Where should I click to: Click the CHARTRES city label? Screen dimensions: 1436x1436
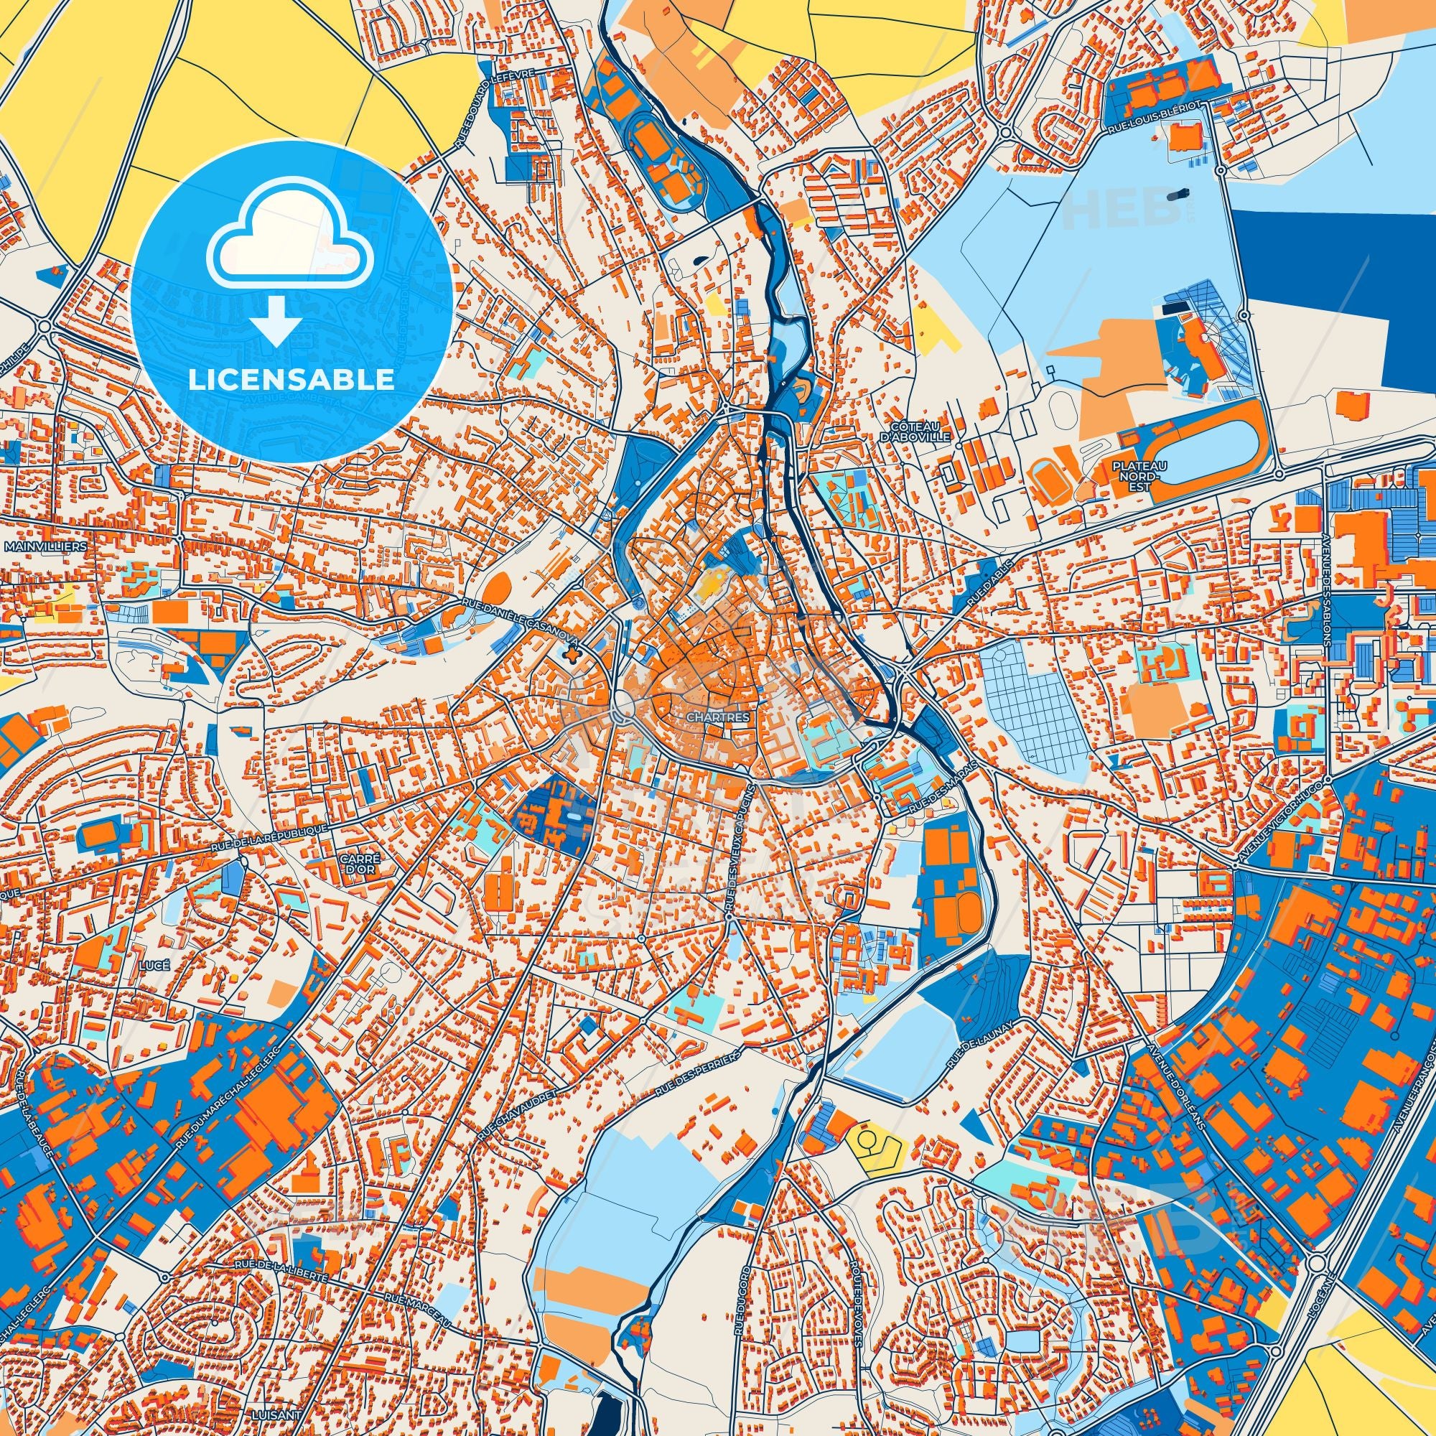(x=717, y=719)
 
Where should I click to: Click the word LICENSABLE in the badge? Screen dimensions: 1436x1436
(x=292, y=380)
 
